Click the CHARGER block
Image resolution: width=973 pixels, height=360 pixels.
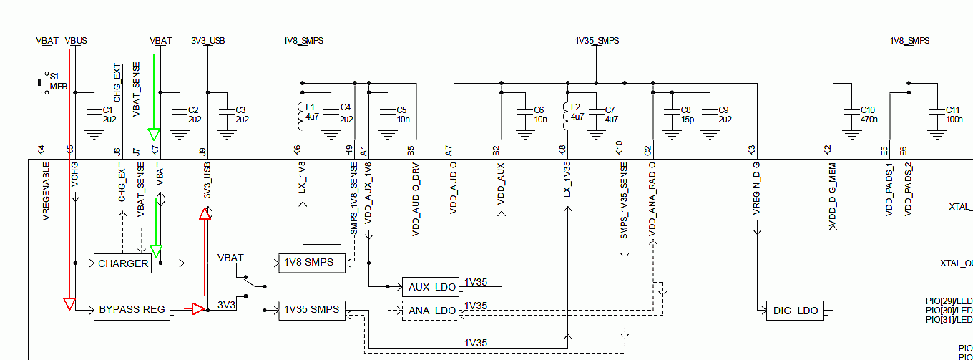coord(123,263)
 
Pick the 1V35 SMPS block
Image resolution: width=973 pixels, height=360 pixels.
coord(310,310)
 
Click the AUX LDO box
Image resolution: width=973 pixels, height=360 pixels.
coord(432,287)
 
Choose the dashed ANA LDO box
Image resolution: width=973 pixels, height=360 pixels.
coord(432,311)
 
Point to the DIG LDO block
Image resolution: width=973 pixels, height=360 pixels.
coord(794,311)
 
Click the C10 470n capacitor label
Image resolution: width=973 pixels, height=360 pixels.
coord(868,115)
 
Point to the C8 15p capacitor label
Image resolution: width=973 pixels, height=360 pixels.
coord(687,115)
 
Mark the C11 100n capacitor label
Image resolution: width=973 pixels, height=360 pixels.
coord(954,115)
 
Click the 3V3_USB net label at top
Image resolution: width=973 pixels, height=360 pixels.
coord(208,41)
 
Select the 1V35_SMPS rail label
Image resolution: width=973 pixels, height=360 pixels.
coord(597,41)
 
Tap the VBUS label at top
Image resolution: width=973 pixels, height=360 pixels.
coord(76,41)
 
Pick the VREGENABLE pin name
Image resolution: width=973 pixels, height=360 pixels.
coord(47,191)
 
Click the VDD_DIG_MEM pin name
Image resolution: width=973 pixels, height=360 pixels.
coord(832,195)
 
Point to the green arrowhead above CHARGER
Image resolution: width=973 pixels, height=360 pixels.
coord(156,251)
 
